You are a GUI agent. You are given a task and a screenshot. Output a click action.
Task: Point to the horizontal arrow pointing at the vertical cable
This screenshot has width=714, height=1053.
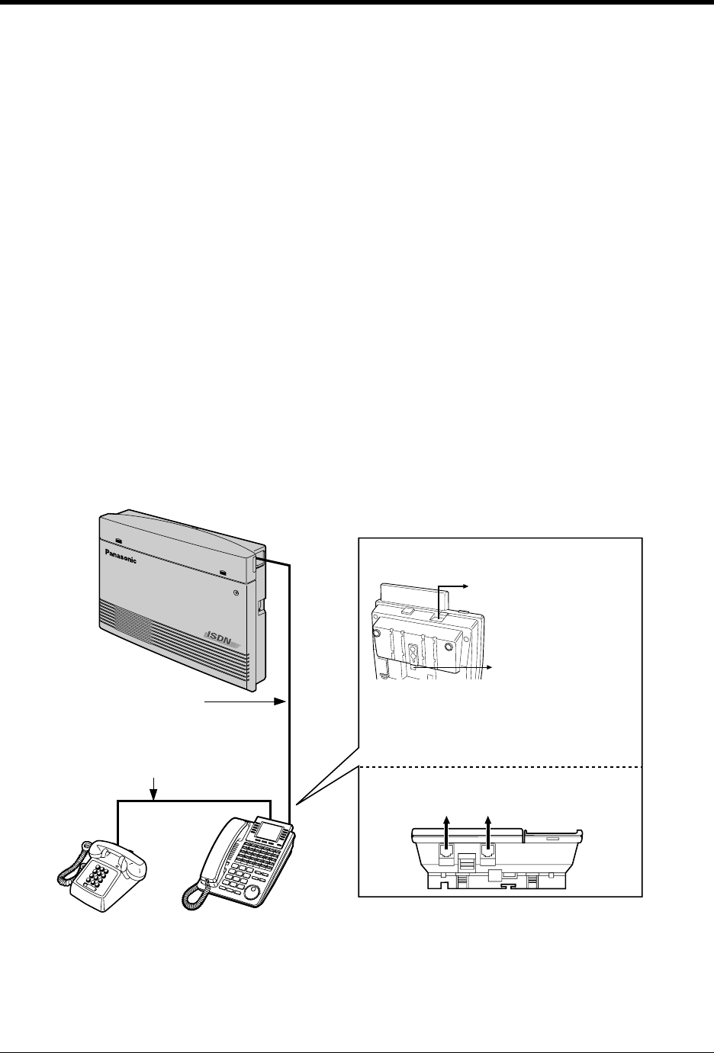[241, 701]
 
